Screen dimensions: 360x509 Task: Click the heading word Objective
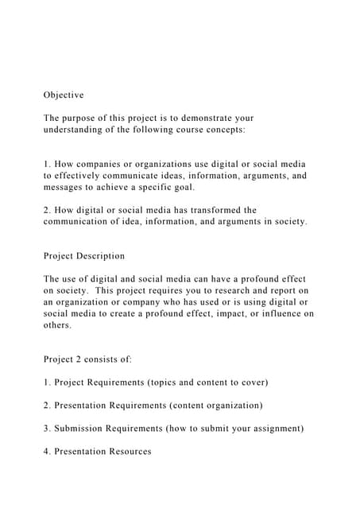(64, 95)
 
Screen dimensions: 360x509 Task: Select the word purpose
(84, 118)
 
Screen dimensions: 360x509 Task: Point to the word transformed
(213, 211)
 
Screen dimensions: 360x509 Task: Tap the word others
(57, 325)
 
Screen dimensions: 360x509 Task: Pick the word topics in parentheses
(180, 383)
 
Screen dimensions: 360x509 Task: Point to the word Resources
(126, 452)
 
